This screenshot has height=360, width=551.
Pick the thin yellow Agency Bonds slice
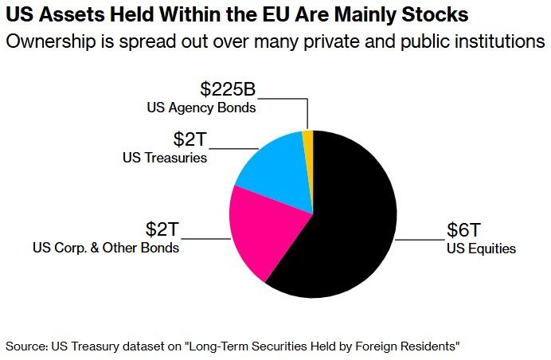(x=308, y=139)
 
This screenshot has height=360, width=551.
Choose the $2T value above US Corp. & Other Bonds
(x=163, y=229)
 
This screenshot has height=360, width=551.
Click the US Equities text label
(x=481, y=248)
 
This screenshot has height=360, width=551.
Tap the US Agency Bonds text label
(x=201, y=107)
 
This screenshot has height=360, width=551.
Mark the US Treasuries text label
(x=165, y=158)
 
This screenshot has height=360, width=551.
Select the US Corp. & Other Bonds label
(x=106, y=248)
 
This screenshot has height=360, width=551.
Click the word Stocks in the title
(x=436, y=15)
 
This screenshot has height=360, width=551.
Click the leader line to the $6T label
(x=420, y=238)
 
